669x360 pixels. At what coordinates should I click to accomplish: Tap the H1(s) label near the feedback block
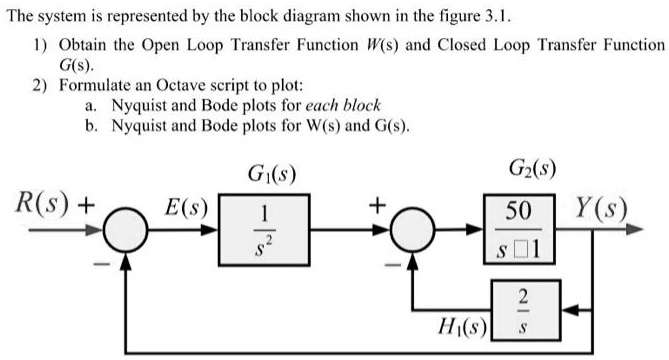461,325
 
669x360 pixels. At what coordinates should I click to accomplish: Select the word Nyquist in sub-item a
139,106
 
